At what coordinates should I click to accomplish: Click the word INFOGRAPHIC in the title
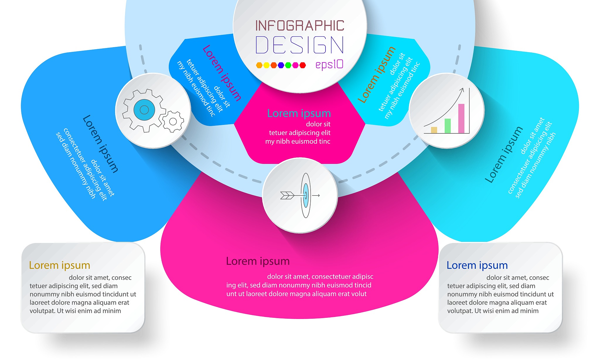300,26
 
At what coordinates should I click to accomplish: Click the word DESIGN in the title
300,45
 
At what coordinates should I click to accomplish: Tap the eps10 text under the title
329,65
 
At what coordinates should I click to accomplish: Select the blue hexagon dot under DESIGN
281,65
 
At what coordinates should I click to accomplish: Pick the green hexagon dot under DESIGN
288,65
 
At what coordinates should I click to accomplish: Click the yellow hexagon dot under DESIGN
266,65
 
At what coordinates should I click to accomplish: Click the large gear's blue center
144,110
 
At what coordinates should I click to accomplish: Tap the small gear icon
173,121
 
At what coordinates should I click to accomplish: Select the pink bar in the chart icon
461,118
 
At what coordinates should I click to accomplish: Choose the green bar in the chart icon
448,126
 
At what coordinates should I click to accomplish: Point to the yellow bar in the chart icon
434,130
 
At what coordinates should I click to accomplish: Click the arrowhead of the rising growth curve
462,89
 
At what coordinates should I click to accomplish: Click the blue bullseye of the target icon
306,195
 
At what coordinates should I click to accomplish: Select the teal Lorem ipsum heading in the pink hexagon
299,113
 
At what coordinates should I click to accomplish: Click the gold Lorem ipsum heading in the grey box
59,265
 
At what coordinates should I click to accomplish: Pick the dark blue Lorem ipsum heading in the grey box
477,265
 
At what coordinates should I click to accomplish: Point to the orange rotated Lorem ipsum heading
376,75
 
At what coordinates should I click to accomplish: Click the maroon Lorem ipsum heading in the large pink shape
258,261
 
